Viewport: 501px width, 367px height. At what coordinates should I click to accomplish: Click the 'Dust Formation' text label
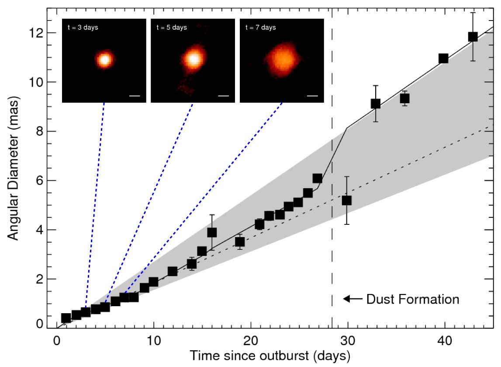[x=412, y=299]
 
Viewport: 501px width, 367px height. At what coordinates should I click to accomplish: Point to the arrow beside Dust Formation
[x=352, y=299]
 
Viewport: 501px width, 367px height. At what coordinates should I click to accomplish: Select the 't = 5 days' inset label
[x=172, y=28]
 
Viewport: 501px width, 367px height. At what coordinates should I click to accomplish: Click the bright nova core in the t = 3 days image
[x=104, y=59]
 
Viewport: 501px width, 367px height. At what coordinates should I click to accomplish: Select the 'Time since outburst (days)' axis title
[x=269, y=355]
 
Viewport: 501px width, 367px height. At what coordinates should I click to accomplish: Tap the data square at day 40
[x=443, y=58]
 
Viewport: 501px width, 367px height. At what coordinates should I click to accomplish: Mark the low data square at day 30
[x=347, y=200]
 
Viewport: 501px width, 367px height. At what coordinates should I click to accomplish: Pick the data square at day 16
[x=212, y=232]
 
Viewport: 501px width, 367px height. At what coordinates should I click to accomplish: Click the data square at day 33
[x=375, y=104]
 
